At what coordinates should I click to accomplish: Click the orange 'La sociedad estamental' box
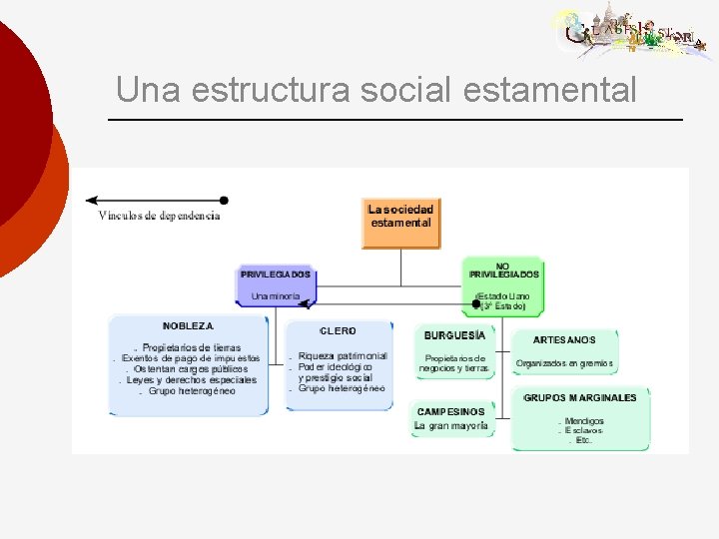click(x=400, y=223)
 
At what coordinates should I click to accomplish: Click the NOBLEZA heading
click(x=188, y=325)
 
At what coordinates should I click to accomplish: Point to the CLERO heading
click(x=339, y=330)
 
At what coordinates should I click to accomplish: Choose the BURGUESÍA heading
click(x=454, y=335)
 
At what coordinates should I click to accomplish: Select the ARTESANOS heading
click(x=564, y=339)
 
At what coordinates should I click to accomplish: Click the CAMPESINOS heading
click(x=450, y=411)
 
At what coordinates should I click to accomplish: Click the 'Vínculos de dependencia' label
click(x=159, y=216)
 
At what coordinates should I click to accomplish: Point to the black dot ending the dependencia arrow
click(x=224, y=201)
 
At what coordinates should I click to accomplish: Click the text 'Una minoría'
click(x=276, y=295)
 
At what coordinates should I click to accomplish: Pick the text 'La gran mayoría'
click(x=452, y=426)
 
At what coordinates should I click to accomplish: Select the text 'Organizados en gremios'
click(x=564, y=363)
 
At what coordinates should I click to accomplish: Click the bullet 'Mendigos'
click(x=584, y=421)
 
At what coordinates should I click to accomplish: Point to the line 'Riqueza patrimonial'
click(x=343, y=355)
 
